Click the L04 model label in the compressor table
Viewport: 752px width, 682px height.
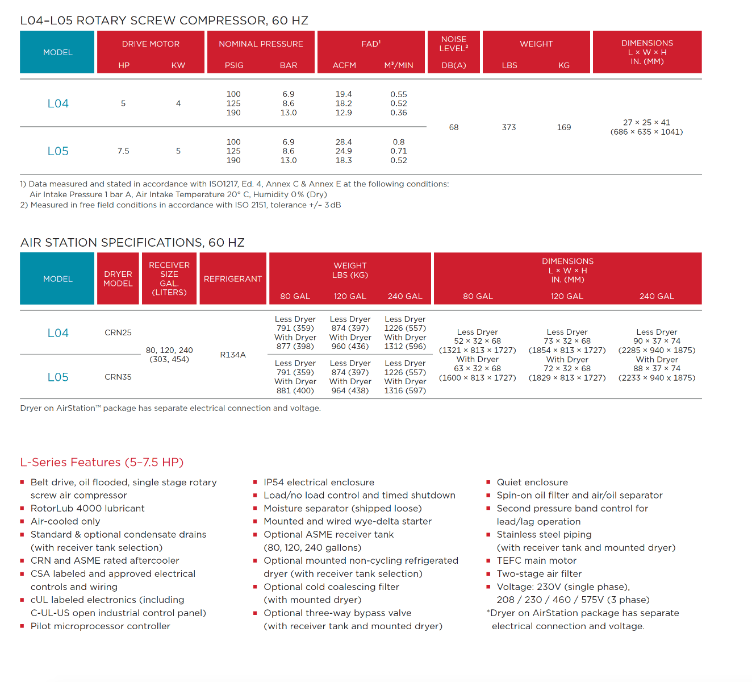pyautogui.click(x=58, y=103)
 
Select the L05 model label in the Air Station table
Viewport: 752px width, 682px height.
pyautogui.click(x=58, y=377)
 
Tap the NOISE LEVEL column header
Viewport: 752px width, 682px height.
pyautogui.click(x=454, y=44)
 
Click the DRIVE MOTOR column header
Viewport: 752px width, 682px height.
pyautogui.click(x=151, y=44)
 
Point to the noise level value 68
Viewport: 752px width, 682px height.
pyautogui.click(x=454, y=127)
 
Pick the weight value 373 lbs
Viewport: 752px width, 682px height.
pyautogui.click(x=509, y=127)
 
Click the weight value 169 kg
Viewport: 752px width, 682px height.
pyautogui.click(x=564, y=127)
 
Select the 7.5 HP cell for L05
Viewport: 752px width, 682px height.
pyautogui.click(x=123, y=151)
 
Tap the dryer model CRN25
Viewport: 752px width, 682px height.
pyautogui.click(x=118, y=332)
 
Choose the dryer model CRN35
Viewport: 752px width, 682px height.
pyautogui.click(x=118, y=377)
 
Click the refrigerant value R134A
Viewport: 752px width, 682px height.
pyautogui.click(x=233, y=355)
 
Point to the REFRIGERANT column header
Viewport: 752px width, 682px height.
pyautogui.click(x=233, y=279)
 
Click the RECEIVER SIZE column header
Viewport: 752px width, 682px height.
pyautogui.click(x=169, y=278)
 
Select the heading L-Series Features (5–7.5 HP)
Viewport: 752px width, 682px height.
pyautogui.click(x=102, y=462)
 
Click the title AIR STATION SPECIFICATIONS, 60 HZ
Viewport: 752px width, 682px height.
pyautogui.click(x=132, y=243)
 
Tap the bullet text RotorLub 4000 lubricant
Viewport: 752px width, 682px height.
pyautogui.click(x=87, y=508)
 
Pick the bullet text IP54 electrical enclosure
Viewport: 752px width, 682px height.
pyautogui.click(x=319, y=482)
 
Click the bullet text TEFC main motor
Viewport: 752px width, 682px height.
pyautogui.click(x=537, y=560)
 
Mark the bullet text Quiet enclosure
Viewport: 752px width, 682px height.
pyautogui.click(x=532, y=482)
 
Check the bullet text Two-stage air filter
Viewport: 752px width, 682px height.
pyautogui.click(x=539, y=573)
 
